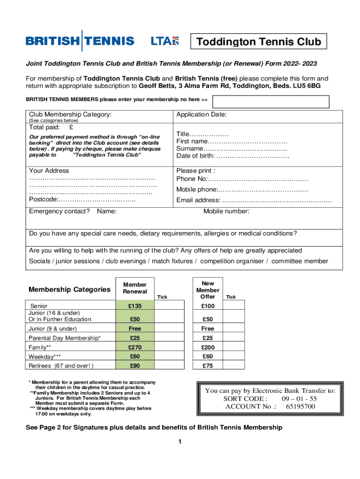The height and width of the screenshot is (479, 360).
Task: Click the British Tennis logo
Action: (80, 41)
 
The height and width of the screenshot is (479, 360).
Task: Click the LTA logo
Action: (165, 41)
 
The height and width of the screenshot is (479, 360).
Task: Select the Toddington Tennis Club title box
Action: (259, 42)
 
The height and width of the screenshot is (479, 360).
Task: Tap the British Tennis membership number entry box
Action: (271, 102)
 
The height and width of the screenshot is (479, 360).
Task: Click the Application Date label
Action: (202, 114)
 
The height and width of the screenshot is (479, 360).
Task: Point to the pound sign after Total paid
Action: (71, 127)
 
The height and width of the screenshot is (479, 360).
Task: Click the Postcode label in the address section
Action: (43, 200)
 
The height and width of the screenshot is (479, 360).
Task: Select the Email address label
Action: (198, 201)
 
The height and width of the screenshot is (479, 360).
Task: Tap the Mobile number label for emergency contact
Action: (226, 211)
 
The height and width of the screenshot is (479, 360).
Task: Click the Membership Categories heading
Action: (69, 290)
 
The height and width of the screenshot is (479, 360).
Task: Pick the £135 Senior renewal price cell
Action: (135, 306)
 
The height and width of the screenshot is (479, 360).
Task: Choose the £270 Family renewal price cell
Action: (135, 347)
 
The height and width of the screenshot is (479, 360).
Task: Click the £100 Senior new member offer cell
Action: (208, 306)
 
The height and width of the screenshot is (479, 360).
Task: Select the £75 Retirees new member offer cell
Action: (208, 366)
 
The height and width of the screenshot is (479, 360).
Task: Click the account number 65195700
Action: (301, 406)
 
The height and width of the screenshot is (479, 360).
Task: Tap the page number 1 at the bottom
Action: (180, 442)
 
